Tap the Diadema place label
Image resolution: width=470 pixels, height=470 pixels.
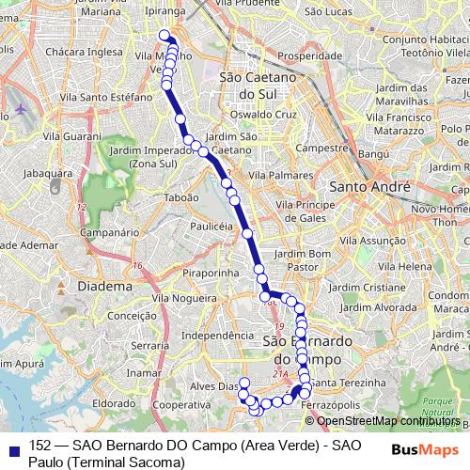pos(105,285)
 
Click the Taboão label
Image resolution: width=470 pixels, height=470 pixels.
pos(180,197)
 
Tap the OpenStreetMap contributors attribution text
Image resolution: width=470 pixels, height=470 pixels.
pos(384,421)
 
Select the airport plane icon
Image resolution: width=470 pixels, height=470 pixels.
pos(20,109)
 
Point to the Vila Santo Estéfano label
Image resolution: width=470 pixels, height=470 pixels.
pos(99,95)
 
